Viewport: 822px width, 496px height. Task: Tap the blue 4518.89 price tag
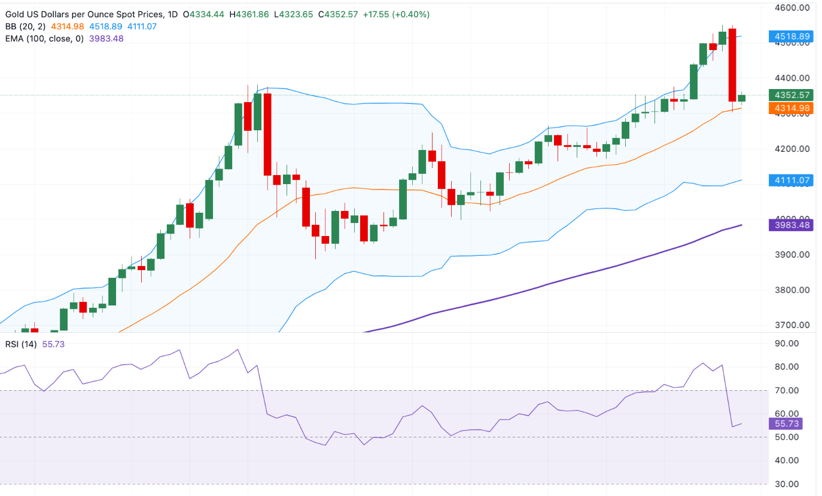[790, 36]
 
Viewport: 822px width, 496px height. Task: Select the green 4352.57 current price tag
[790, 95]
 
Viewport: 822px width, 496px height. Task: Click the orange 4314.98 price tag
[790, 108]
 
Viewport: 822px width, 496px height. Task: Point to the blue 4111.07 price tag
[790, 179]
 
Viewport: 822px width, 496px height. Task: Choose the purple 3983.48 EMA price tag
[790, 225]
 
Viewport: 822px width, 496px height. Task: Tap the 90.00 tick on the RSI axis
[787, 344]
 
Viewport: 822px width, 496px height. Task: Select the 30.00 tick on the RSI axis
[787, 484]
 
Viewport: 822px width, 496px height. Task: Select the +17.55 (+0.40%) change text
[396, 14]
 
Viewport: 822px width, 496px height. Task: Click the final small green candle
[742, 98]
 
